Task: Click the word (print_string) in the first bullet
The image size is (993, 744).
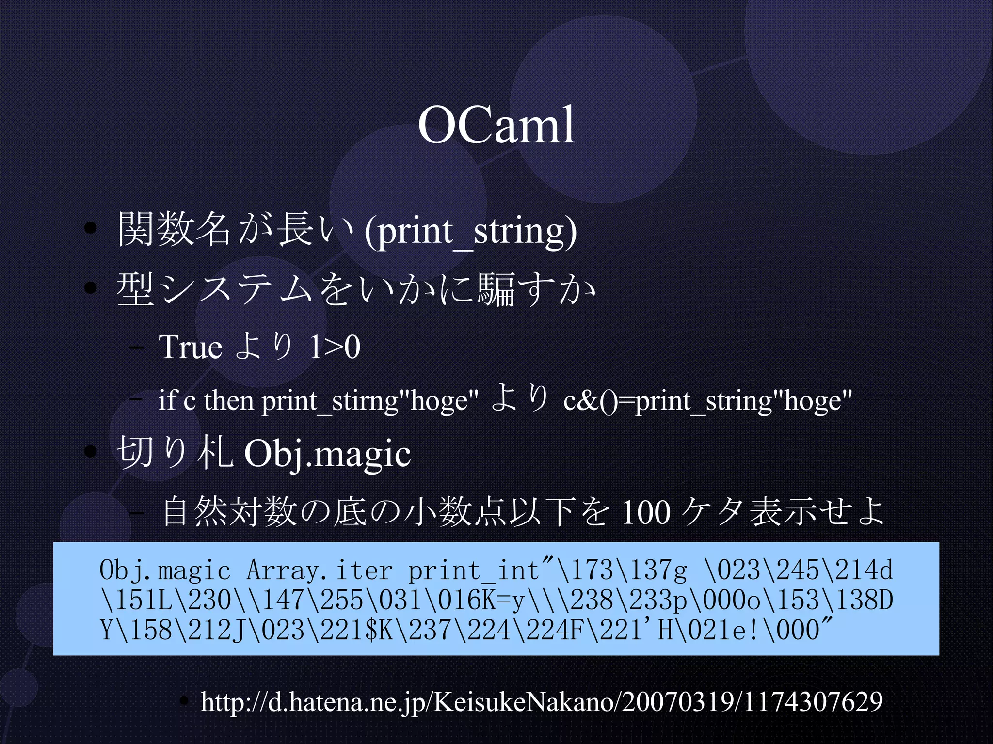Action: (471, 231)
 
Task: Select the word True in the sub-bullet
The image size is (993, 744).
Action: (190, 347)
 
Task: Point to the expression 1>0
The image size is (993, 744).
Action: (335, 347)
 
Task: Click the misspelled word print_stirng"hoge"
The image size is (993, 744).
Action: (370, 401)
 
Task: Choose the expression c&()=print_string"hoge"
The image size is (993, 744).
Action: (707, 401)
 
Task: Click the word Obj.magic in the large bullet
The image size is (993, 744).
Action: (327, 454)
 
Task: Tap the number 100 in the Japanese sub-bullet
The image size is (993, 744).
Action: (646, 512)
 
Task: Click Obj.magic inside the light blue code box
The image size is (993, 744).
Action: (165, 570)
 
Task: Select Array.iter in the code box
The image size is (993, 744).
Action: (320, 570)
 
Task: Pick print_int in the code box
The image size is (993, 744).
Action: (473, 570)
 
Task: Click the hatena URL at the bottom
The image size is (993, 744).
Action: (541, 701)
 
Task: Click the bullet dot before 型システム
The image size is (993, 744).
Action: (90, 288)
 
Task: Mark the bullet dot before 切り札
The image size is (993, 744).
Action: (90, 452)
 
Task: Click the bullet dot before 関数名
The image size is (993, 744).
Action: (90, 228)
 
